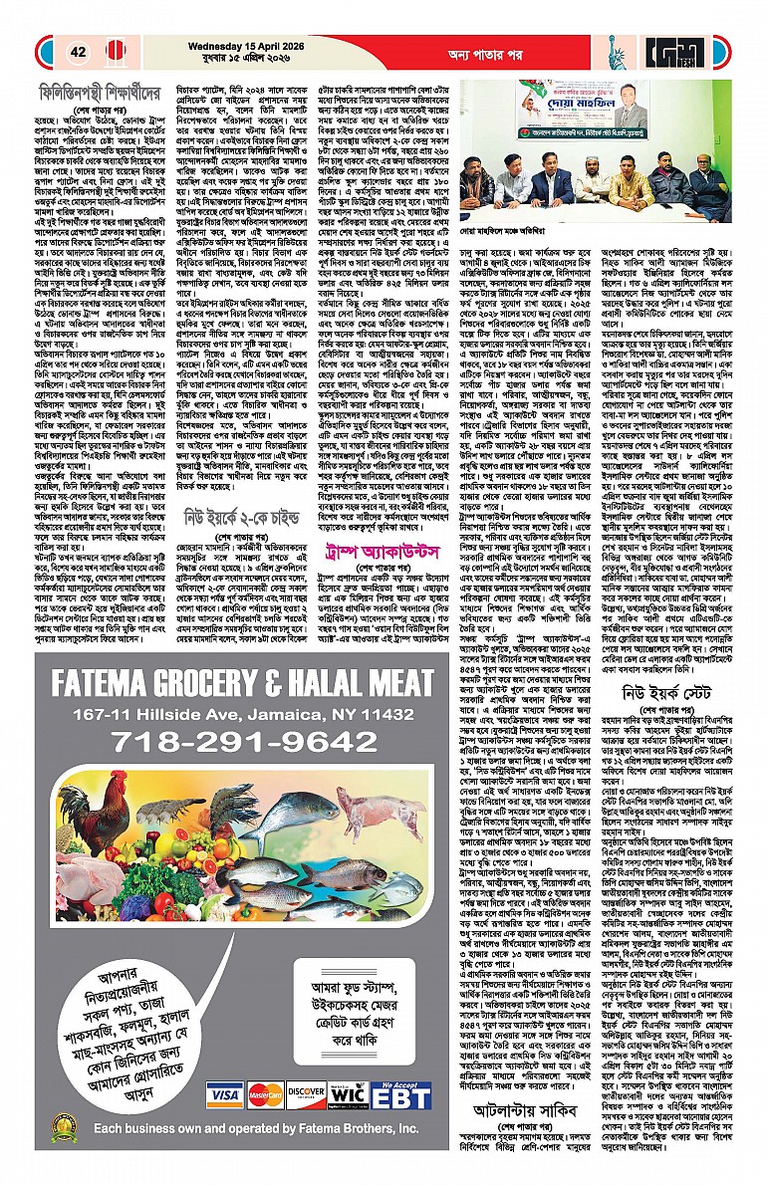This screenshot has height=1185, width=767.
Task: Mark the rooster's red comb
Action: point(71,779)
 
